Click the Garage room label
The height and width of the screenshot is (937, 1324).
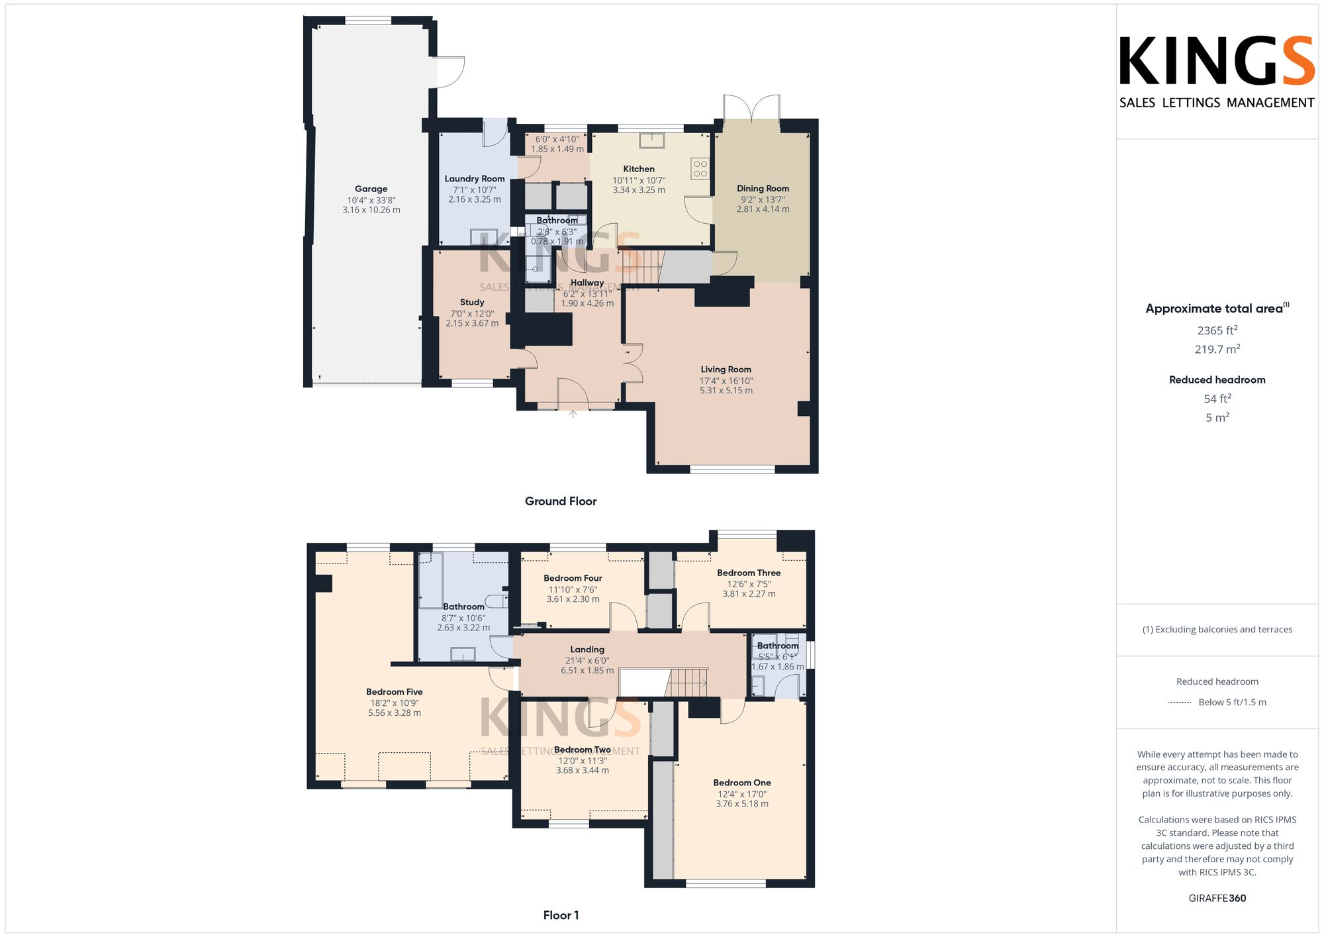[x=371, y=189]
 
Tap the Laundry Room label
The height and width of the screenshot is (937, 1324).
[x=474, y=179]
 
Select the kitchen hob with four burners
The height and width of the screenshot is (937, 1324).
[x=700, y=169]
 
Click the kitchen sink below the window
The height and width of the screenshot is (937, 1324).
[x=652, y=140]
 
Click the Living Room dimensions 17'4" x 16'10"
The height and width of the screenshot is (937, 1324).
[x=726, y=381]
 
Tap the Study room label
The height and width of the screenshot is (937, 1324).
[x=471, y=302]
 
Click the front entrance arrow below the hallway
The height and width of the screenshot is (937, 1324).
[x=573, y=415]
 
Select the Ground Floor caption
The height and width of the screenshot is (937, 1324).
[x=560, y=501]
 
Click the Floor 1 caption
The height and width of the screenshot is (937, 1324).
[x=560, y=915]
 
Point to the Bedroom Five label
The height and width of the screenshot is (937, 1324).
[x=394, y=692]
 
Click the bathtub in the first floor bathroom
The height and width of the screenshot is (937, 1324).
[x=430, y=580]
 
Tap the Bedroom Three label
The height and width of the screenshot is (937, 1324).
[x=748, y=573]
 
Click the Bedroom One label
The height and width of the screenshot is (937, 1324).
[x=741, y=783]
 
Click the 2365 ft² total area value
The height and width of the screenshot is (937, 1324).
[x=1217, y=330]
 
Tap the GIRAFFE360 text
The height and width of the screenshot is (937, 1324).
[x=1217, y=899]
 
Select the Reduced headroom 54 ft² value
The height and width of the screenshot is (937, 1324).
[x=1217, y=399]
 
